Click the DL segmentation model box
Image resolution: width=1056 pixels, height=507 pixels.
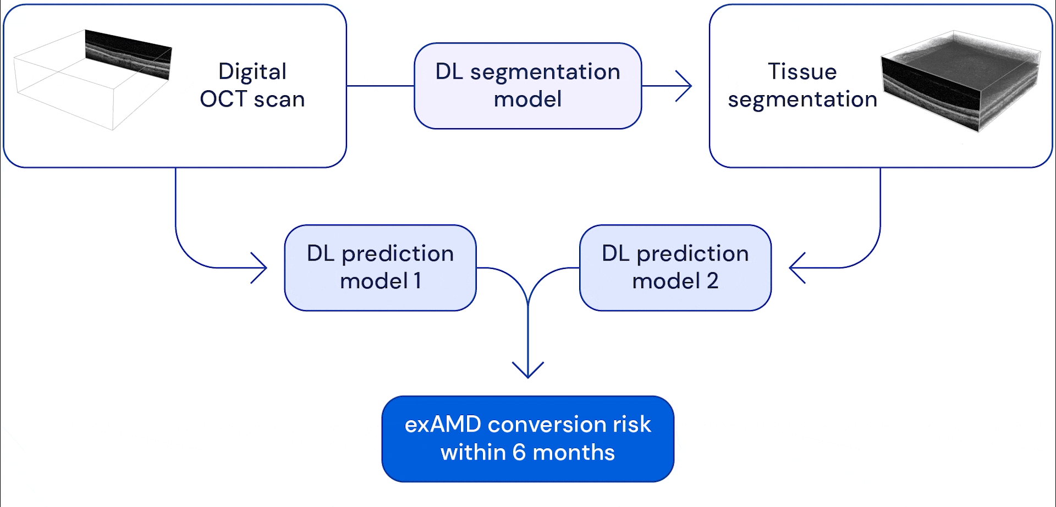click(527, 86)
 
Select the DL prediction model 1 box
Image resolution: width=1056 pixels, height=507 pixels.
click(380, 267)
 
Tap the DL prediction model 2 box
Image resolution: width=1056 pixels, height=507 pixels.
click(675, 267)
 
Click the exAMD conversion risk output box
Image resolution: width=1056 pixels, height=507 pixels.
click(527, 438)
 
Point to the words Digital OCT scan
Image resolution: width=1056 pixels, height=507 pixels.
click(252, 85)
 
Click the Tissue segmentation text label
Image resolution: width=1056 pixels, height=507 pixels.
click(802, 85)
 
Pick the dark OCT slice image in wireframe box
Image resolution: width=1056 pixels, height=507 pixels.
click(129, 54)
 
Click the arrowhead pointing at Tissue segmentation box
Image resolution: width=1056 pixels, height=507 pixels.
click(685, 86)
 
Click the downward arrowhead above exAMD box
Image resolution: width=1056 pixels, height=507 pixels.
click(528, 372)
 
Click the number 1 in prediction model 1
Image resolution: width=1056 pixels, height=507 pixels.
click(417, 281)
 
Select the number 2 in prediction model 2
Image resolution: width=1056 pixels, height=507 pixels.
click(712, 281)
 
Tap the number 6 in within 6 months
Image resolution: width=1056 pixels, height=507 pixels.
click(519, 452)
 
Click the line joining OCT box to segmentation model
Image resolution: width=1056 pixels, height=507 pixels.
click(380, 86)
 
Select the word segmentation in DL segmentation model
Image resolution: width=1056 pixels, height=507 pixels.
click(545, 72)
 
